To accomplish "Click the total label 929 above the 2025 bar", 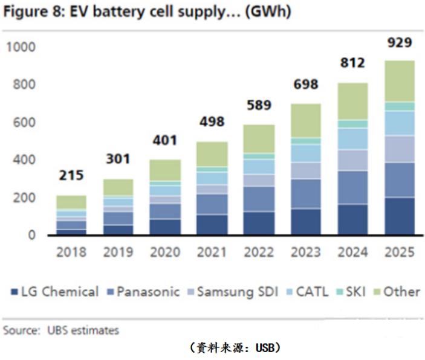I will coord(400,43).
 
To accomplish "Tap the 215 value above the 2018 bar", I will coord(72,176).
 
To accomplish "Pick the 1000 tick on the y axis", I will coord(22,47).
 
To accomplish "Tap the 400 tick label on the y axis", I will coord(25,161).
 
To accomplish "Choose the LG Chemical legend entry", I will coord(55,292).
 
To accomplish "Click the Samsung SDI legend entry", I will coord(233,292).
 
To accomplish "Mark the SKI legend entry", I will coord(350,292).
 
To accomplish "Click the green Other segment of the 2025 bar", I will coord(400,81).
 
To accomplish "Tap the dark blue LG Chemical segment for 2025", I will coord(400,216).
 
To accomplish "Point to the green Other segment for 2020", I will coord(166,170).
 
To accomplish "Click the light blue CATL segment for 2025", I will coord(400,123).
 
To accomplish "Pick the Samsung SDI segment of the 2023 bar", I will coord(306,170).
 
